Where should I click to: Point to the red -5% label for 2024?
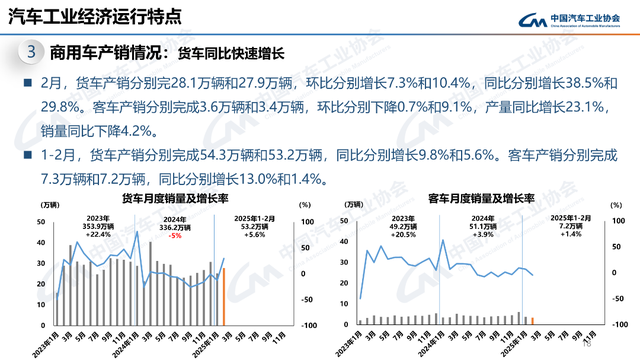146,236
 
